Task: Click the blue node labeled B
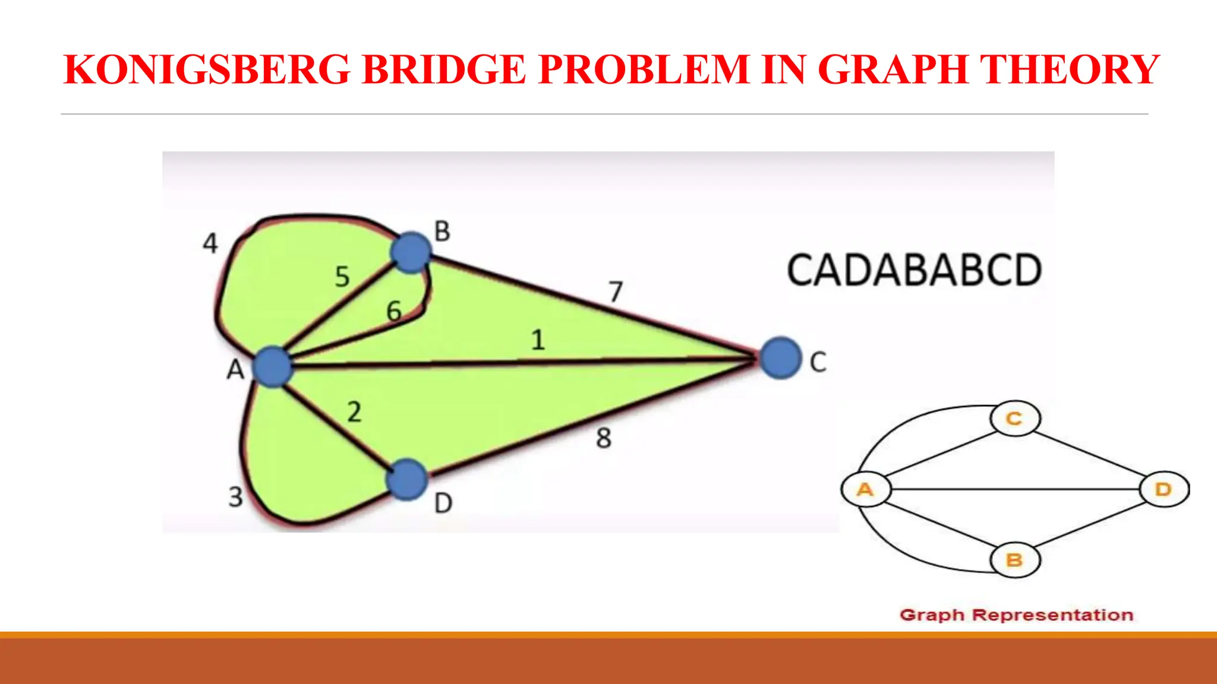click(x=411, y=252)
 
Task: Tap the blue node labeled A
click(x=273, y=366)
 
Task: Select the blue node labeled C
click(x=780, y=358)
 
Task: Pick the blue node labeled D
click(x=407, y=479)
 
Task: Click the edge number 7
click(x=616, y=292)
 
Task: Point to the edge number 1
click(x=538, y=340)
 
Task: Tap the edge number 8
click(x=603, y=438)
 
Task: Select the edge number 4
click(x=210, y=243)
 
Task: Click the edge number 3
click(x=236, y=496)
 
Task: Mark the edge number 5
click(x=342, y=277)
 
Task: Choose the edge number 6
click(x=394, y=311)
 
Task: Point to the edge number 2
click(x=354, y=412)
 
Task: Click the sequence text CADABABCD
click(x=914, y=271)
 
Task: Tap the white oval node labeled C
click(x=1015, y=419)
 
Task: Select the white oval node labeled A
click(x=866, y=489)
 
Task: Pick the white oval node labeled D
click(x=1164, y=489)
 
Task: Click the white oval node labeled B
click(x=1015, y=560)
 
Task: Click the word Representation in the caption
click(x=1052, y=615)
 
